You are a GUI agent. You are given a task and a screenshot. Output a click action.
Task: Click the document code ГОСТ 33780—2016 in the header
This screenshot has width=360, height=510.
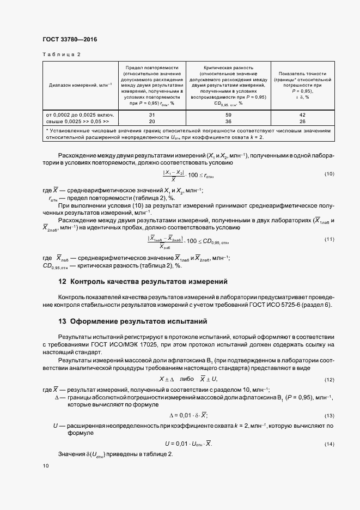69,39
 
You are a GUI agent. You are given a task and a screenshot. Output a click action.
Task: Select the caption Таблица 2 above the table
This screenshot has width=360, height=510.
61,54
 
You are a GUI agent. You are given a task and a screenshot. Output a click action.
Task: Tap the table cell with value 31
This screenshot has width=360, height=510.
152,115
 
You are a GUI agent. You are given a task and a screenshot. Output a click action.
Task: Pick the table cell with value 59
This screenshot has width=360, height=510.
228,115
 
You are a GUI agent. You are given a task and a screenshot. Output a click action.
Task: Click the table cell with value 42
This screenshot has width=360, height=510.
302,115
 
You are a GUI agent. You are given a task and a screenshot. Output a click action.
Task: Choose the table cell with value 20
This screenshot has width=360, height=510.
152,122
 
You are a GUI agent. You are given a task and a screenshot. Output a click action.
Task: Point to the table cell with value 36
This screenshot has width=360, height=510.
228,122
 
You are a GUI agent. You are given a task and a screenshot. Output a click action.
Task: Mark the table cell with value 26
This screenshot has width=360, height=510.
302,122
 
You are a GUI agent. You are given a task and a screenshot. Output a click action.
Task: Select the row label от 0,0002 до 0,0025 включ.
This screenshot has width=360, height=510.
80,115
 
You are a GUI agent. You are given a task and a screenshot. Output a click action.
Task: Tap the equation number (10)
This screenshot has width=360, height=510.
328,174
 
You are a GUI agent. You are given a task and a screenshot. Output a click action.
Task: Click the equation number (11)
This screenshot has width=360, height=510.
328,239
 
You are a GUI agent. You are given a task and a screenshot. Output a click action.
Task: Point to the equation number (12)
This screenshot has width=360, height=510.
328,379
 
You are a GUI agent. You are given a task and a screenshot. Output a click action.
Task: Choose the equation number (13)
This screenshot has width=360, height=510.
328,416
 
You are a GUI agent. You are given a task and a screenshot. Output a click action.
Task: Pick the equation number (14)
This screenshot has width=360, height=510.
328,445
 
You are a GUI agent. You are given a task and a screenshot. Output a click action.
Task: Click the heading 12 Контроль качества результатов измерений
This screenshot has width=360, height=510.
143,282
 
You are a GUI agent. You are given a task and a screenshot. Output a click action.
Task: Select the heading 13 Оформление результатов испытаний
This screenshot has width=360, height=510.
133,321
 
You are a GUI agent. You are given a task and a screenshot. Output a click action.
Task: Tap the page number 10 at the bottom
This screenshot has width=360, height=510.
45,466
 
